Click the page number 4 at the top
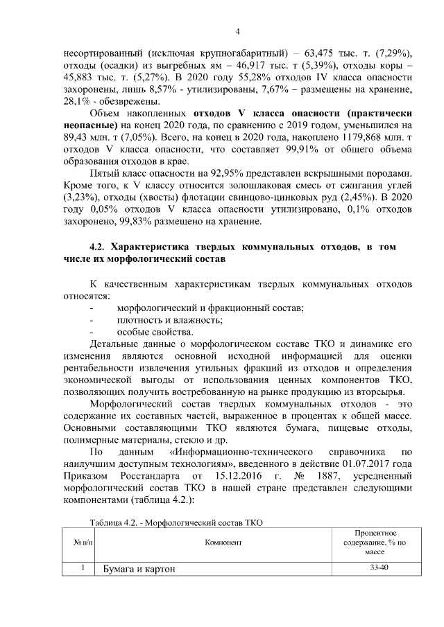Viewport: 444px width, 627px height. click(x=237, y=31)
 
